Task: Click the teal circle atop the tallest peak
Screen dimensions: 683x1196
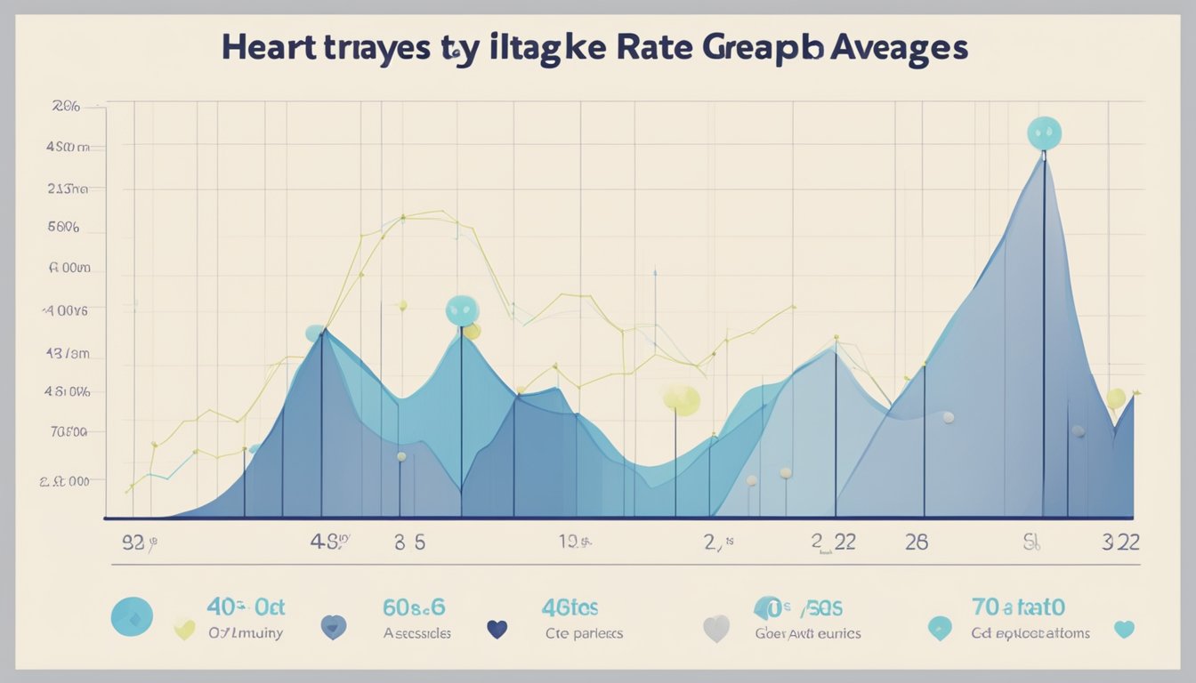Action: point(1044,133)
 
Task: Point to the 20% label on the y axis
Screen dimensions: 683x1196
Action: point(66,106)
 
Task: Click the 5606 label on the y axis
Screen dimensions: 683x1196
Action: point(63,227)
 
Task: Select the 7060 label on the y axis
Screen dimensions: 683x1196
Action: point(69,432)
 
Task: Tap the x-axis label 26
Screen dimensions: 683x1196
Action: point(917,542)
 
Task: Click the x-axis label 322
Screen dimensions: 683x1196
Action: point(1120,542)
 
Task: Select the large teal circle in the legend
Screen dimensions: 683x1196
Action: point(132,616)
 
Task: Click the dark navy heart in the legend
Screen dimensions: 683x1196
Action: point(497,630)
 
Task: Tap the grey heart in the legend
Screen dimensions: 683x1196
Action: point(716,629)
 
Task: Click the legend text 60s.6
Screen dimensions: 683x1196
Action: point(414,608)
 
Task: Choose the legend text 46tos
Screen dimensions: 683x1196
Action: point(570,608)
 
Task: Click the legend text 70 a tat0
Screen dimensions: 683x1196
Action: point(1019,608)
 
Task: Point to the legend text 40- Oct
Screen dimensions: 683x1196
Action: point(246,608)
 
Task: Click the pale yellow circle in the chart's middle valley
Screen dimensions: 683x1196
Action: point(682,399)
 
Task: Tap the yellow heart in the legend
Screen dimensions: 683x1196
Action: point(184,629)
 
